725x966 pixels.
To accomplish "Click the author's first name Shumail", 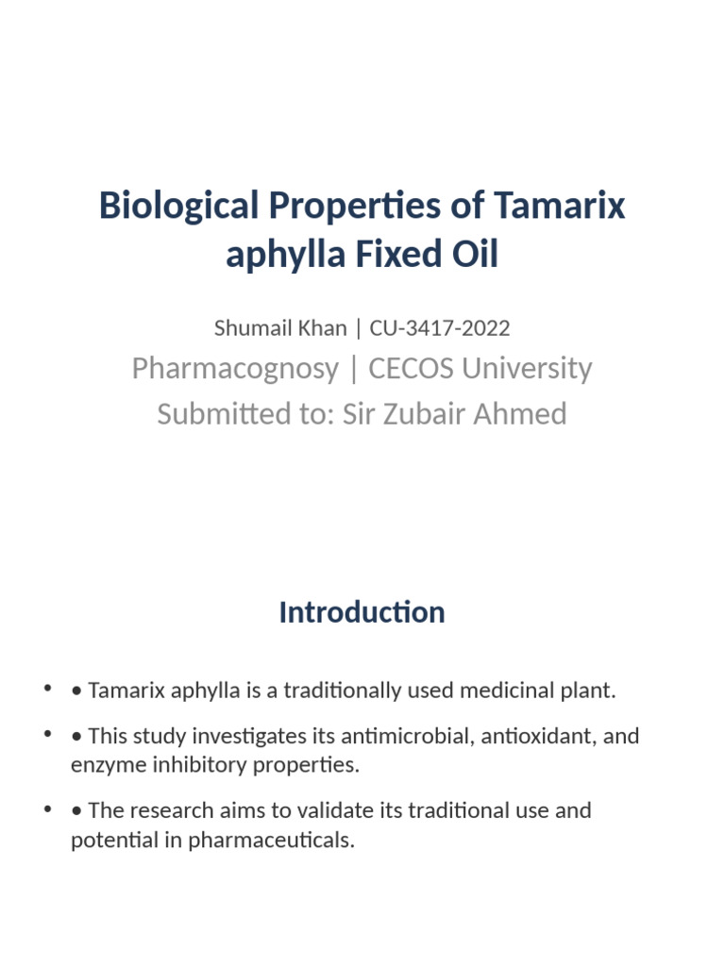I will click(250, 328).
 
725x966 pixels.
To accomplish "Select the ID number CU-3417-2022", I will click(440, 328).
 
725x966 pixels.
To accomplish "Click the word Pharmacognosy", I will click(235, 368).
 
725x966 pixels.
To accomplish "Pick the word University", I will click(530, 368).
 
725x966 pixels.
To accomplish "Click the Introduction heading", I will click(362, 612).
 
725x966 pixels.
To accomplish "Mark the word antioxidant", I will click(536, 736).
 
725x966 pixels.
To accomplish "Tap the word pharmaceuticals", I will click(271, 840).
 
